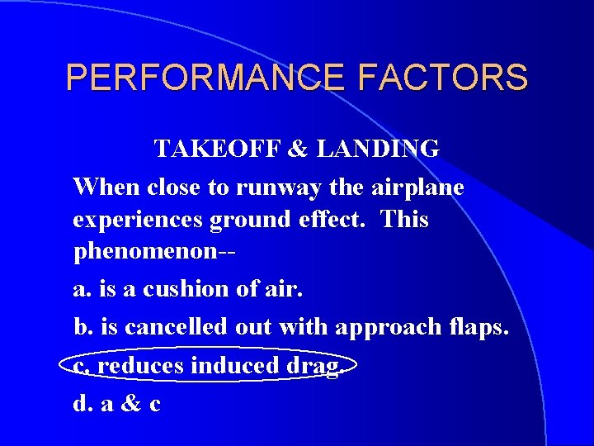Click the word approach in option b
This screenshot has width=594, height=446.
point(384,328)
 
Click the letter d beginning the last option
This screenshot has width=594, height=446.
point(80,403)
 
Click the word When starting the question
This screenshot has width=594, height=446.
point(106,187)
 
